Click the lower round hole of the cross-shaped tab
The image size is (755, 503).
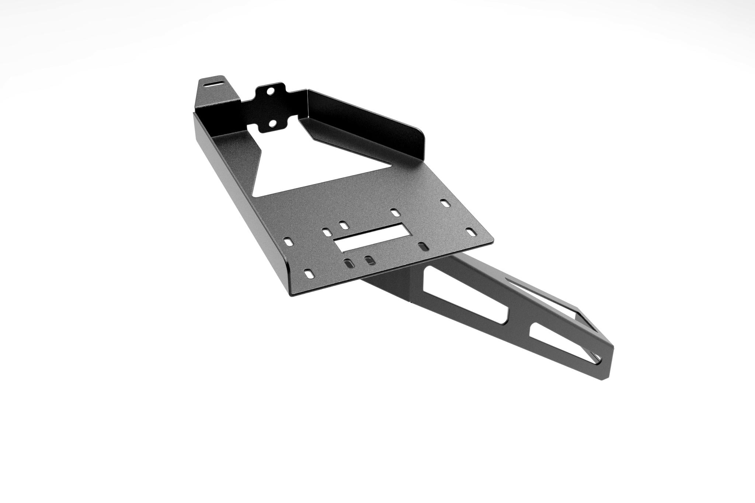coord(273,124)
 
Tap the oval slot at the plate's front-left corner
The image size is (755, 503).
coord(309,274)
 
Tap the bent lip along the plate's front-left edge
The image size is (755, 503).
coord(240,207)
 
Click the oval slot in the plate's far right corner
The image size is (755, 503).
coord(470,232)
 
